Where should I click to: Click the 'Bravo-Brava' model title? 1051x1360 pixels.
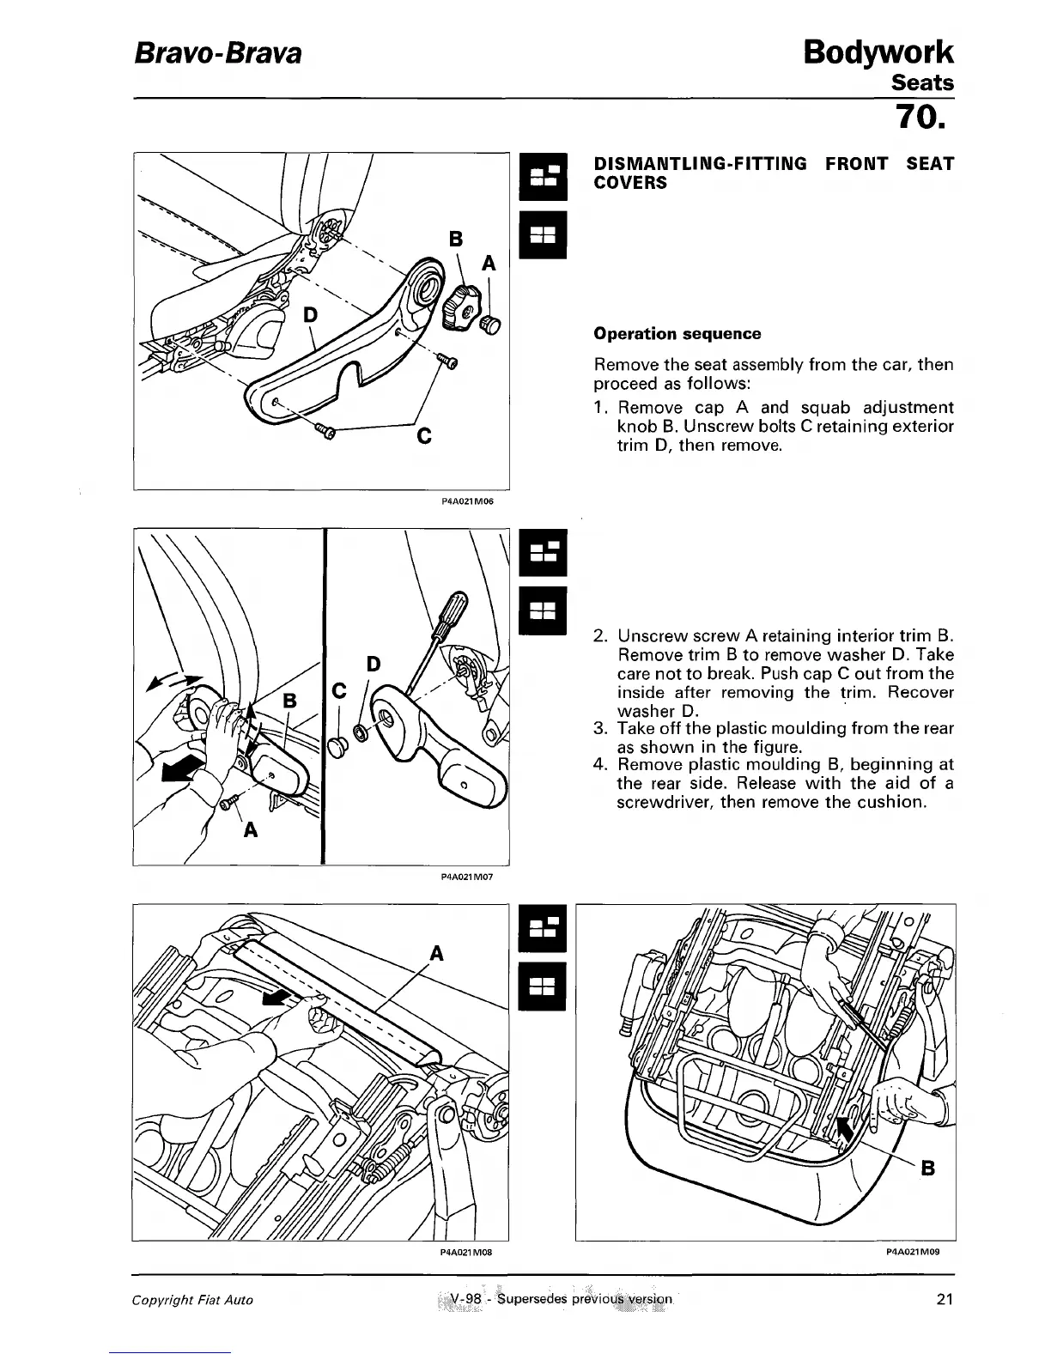click(x=217, y=53)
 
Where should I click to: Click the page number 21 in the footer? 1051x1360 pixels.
click(x=945, y=1299)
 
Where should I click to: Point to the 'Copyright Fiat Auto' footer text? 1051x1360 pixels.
click(x=192, y=1300)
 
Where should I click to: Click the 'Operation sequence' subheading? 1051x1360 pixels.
click(x=677, y=333)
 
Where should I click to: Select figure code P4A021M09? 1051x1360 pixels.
click(x=912, y=1252)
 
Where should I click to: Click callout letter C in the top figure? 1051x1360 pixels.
click(x=422, y=437)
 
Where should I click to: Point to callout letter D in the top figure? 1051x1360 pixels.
click(x=310, y=315)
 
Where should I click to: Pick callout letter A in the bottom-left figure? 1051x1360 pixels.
click(x=435, y=952)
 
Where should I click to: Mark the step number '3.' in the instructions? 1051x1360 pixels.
click(x=601, y=729)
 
